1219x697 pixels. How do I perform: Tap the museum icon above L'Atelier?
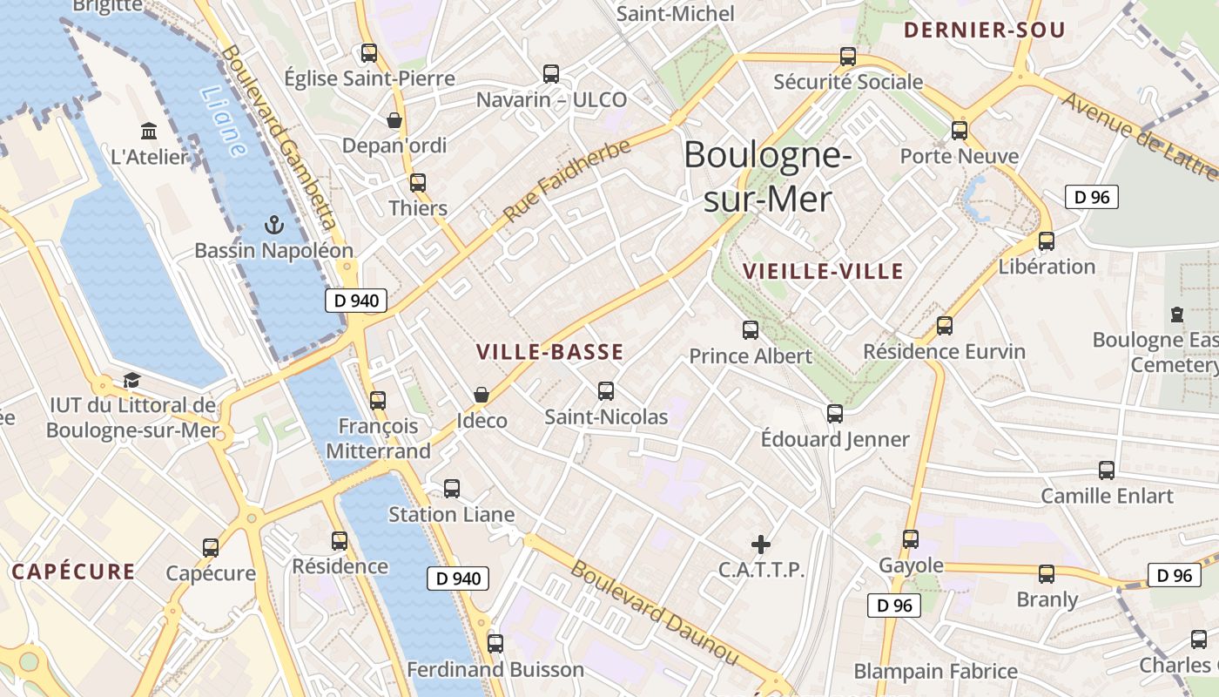[x=149, y=132]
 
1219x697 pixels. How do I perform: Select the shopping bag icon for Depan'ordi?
[x=394, y=119]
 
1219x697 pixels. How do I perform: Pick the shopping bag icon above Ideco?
[x=482, y=395]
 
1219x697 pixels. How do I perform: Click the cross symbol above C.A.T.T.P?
[x=761, y=545]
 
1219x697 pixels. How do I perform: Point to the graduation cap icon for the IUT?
[x=131, y=380]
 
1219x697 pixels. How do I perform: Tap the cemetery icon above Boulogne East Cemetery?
[x=1177, y=314]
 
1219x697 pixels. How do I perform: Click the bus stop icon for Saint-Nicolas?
[x=606, y=391]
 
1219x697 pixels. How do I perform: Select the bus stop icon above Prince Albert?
[x=751, y=330]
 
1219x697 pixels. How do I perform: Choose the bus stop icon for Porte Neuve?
[x=960, y=131]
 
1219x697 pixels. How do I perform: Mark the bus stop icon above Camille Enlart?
[x=1107, y=470]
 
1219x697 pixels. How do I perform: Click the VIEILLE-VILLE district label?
[x=823, y=271]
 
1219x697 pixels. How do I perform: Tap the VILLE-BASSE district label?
[x=549, y=352]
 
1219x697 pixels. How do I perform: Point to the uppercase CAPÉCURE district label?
[x=74, y=572]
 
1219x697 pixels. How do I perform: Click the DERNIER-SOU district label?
[x=984, y=30]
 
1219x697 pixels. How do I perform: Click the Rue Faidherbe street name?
[x=566, y=181]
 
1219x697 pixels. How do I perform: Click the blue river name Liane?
[x=222, y=121]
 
